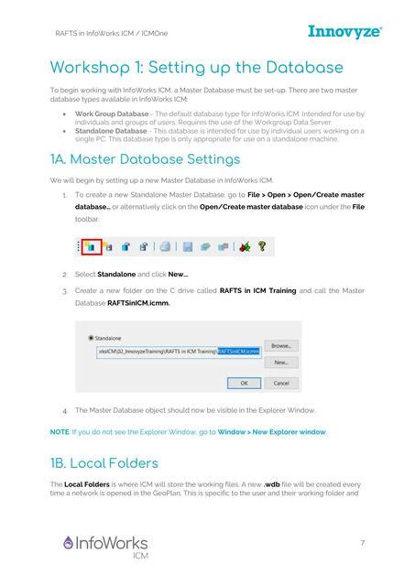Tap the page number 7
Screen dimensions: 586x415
point(363,543)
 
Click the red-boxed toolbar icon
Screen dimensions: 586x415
point(91,246)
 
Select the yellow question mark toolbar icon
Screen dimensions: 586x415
point(262,246)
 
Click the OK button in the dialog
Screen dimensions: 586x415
point(243,383)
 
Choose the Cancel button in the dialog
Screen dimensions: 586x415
point(281,383)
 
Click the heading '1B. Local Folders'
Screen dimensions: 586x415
point(104,462)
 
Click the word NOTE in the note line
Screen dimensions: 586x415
point(59,431)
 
